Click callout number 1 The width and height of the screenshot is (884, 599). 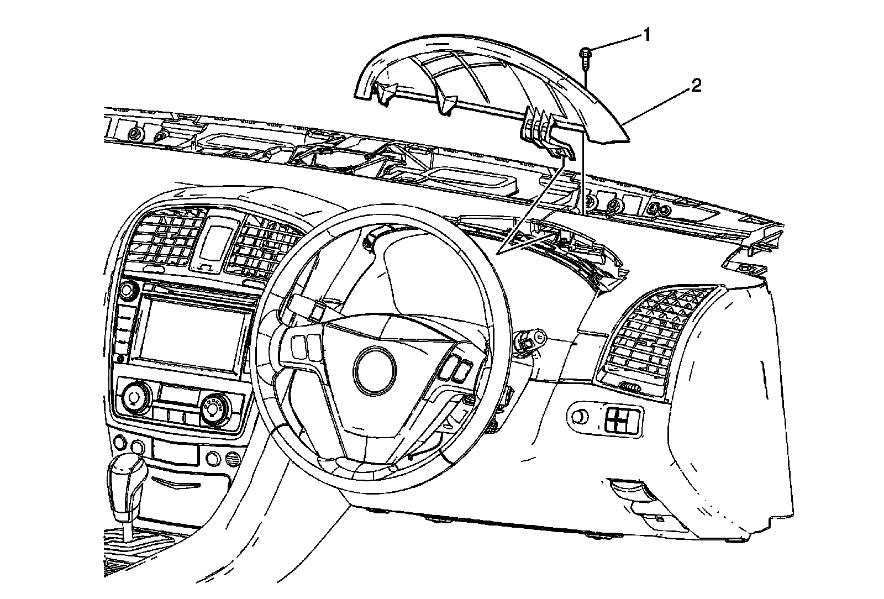(645, 35)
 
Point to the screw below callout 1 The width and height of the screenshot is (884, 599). (585, 56)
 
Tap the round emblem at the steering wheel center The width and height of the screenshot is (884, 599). (376, 370)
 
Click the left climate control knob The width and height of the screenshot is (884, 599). (133, 397)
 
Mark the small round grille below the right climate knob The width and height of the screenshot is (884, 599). (232, 458)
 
